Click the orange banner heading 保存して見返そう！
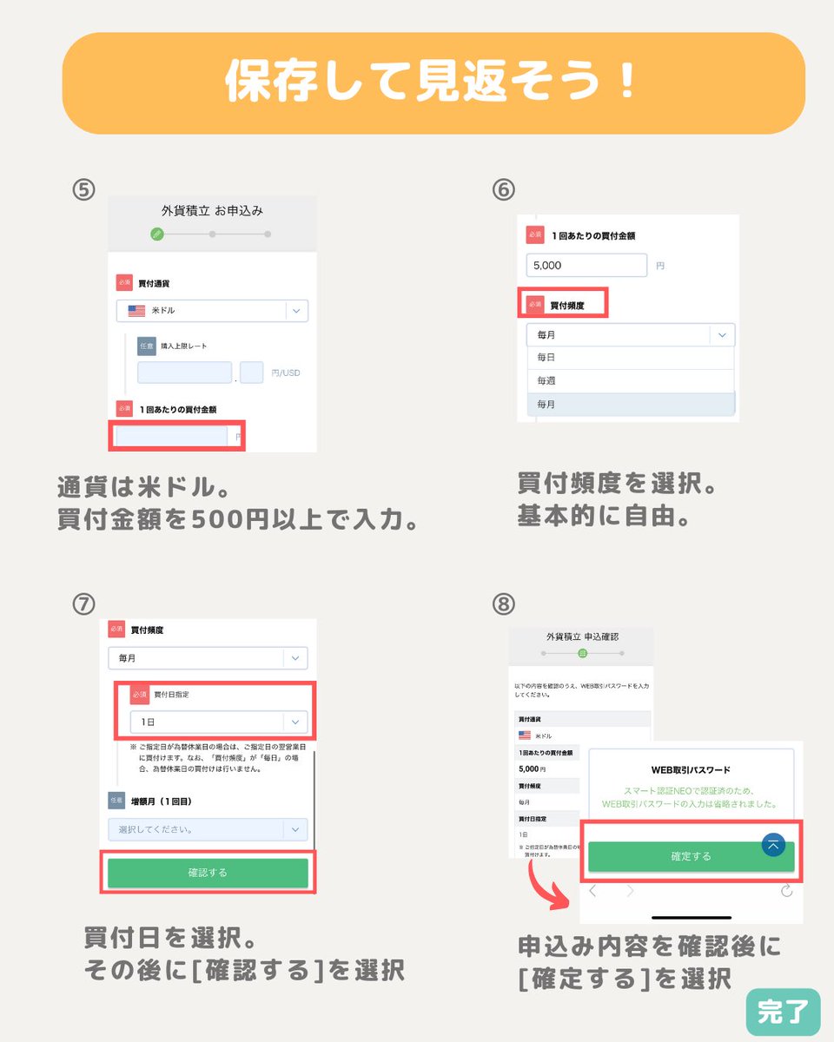point(433,83)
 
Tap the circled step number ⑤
point(83,190)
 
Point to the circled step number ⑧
point(503,603)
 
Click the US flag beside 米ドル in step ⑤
point(136,310)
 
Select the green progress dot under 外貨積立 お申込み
point(156,234)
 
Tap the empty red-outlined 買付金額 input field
point(172,437)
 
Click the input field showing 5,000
point(586,265)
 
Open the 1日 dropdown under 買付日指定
point(218,722)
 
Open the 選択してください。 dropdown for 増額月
point(208,829)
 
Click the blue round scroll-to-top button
point(773,845)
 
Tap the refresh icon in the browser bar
point(786,890)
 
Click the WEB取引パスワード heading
point(691,769)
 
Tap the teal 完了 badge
point(782,1012)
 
